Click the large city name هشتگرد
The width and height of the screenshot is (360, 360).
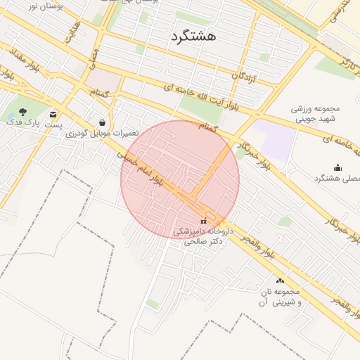pyautogui.click(x=193, y=36)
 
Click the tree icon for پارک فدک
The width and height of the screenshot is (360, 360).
pyautogui.click(x=23, y=112)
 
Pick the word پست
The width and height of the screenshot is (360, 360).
pyautogui.click(x=54, y=124)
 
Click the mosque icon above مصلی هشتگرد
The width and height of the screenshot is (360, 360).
pyautogui.click(x=337, y=167)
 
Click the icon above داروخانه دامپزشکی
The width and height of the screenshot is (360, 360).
pyautogui.click(x=204, y=221)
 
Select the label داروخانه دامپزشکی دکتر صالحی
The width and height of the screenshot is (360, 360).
pyautogui.click(x=203, y=236)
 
